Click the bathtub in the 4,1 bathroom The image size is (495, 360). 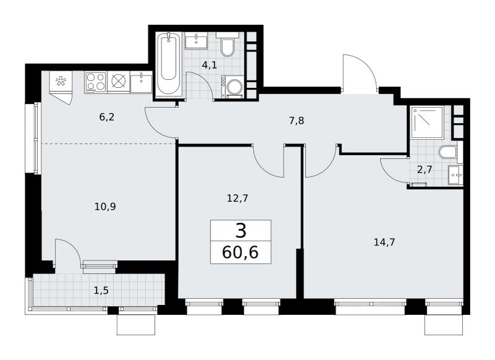click(168, 64)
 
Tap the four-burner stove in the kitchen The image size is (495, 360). click(96, 82)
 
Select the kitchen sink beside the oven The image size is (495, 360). click(141, 82)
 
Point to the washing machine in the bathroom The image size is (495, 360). click(233, 87)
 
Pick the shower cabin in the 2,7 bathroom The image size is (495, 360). click(427, 122)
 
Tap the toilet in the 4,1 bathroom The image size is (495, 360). click(227, 44)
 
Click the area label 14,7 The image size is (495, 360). click(384, 242)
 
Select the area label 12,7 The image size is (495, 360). click(238, 198)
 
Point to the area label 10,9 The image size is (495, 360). click(105, 207)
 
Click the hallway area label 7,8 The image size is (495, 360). click(296, 121)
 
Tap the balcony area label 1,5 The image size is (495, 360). click(101, 290)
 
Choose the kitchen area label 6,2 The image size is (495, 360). click(106, 117)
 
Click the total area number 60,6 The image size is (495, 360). click(240, 252)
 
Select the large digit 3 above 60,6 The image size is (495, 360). click(241, 231)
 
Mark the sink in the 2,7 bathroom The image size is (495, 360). click(455, 174)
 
